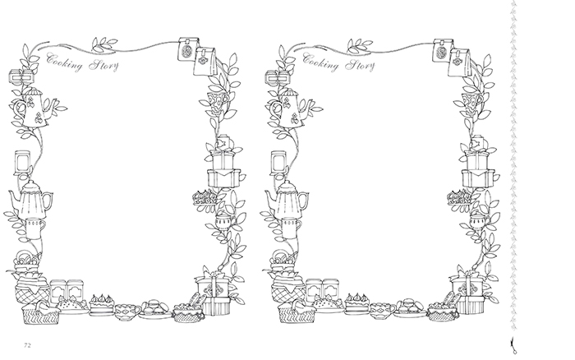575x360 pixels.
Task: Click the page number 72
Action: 27,345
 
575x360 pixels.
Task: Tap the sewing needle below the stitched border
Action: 513,346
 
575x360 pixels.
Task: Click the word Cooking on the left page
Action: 65,62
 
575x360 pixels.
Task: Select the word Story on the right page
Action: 360,66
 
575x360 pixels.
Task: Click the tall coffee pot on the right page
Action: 287,199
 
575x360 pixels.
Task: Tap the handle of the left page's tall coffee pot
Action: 48,201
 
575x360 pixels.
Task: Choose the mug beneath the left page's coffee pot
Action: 35,228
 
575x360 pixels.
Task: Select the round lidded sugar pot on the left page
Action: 223,220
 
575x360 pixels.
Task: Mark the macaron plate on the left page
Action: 155,308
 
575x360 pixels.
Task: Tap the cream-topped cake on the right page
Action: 358,303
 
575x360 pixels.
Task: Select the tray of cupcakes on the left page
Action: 205,198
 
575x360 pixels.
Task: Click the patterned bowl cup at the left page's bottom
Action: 127,312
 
